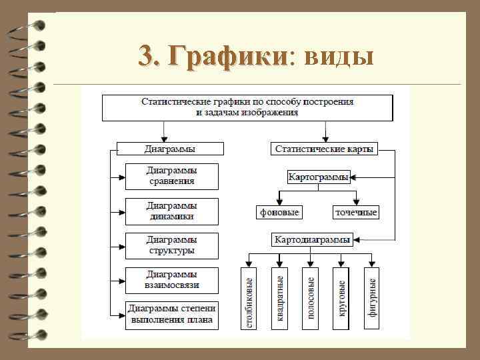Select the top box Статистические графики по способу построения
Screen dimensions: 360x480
click(x=247, y=107)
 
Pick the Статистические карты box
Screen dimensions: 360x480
click(x=325, y=149)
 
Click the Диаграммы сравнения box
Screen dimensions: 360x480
click(x=171, y=176)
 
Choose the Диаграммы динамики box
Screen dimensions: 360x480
click(x=171, y=211)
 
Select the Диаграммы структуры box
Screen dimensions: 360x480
click(x=171, y=245)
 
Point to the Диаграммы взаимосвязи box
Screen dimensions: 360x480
click(x=171, y=281)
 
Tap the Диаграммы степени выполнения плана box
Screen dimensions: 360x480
click(x=171, y=315)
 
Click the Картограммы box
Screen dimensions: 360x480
click(x=319, y=177)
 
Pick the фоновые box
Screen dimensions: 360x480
click(x=279, y=213)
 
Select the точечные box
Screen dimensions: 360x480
click(x=356, y=213)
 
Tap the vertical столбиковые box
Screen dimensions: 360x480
click(x=249, y=297)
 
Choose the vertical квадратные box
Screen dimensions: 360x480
click(x=279, y=297)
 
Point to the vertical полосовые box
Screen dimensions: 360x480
click(x=310, y=297)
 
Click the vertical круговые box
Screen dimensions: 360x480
click(x=341, y=297)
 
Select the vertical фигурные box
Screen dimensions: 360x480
click(x=372, y=297)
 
